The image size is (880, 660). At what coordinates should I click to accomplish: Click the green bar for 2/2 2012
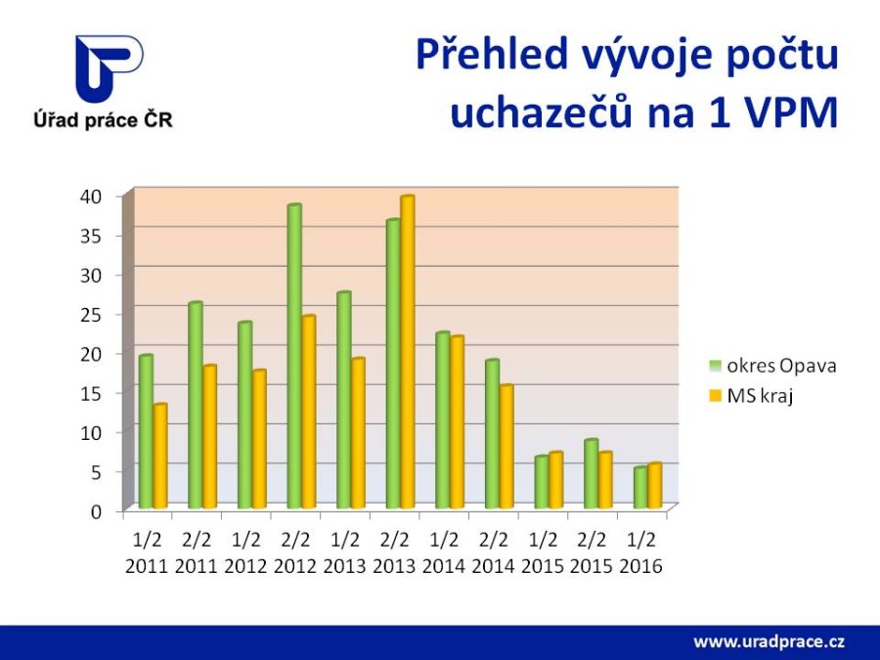point(294,357)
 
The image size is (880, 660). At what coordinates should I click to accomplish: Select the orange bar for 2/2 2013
point(407,352)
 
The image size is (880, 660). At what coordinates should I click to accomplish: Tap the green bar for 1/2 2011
point(146,432)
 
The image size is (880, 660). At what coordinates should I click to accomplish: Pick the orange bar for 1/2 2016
point(655,486)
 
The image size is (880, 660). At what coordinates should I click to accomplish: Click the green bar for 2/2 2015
point(591,474)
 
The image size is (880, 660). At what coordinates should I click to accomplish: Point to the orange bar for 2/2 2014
point(506,447)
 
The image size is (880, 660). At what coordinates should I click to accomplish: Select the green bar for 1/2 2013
point(343,401)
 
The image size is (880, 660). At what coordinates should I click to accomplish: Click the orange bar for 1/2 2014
point(457,422)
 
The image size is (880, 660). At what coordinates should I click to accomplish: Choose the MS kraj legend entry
point(752,396)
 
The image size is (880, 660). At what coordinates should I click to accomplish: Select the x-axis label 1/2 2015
point(542,552)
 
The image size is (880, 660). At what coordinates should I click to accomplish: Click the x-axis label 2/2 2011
point(196,552)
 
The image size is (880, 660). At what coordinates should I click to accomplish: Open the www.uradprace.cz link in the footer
point(769,641)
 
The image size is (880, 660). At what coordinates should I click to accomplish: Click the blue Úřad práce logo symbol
point(110,68)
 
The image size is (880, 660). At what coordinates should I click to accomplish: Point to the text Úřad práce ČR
point(103,120)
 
